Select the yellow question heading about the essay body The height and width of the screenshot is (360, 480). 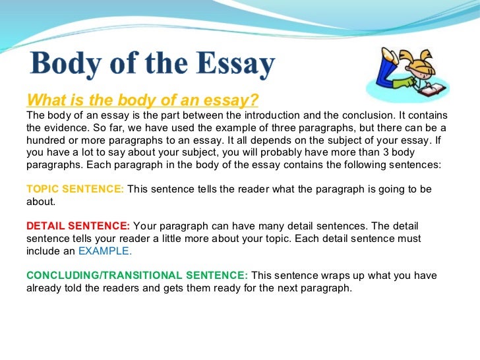click(x=142, y=100)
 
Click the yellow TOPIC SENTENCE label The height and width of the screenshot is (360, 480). click(x=75, y=189)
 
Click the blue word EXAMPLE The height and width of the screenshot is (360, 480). click(x=105, y=251)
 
